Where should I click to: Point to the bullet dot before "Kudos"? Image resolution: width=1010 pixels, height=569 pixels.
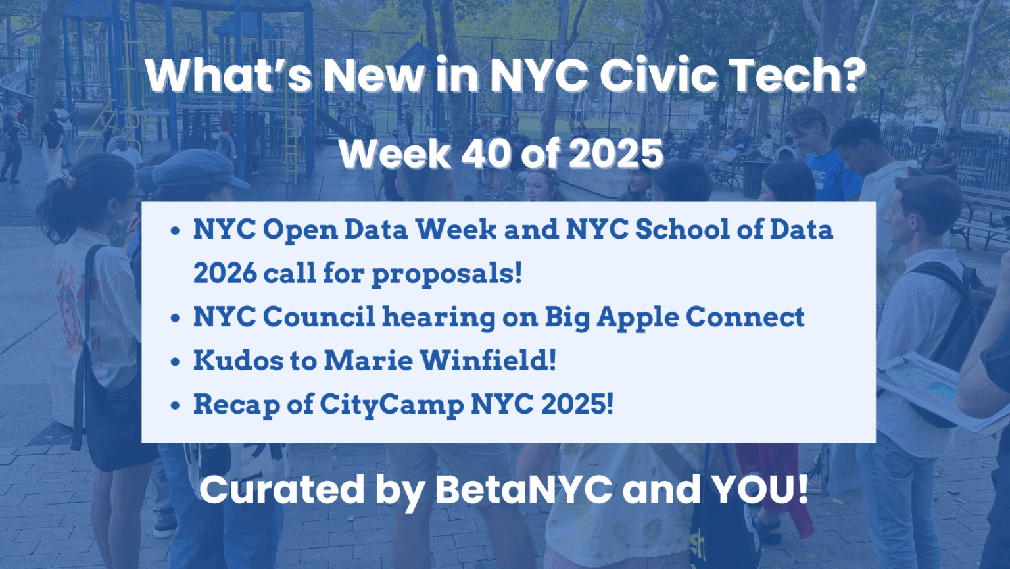pyautogui.click(x=175, y=362)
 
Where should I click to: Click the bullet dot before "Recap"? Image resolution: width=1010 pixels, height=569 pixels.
pyautogui.click(x=175, y=405)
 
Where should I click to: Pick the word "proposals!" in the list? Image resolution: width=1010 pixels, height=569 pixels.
pyautogui.click(x=446, y=273)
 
